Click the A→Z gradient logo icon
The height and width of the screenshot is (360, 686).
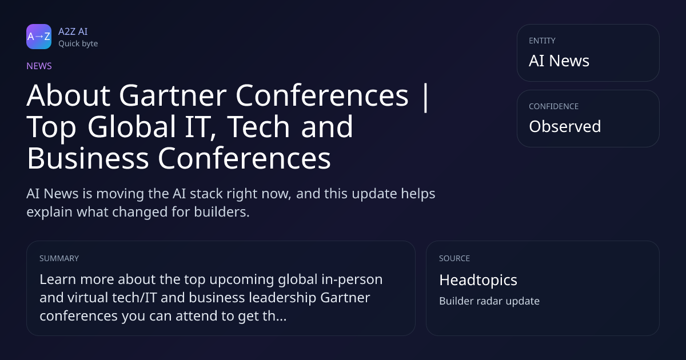click(x=39, y=37)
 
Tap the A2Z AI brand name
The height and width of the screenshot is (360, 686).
click(x=73, y=31)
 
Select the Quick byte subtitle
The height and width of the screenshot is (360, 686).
click(x=78, y=43)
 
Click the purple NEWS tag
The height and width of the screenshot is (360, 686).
click(x=39, y=66)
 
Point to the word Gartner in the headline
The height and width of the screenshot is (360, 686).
click(x=173, y=95)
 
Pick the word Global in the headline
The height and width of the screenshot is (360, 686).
click(x=131, y=126)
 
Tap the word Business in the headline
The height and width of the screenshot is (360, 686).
click(x=88, y=158)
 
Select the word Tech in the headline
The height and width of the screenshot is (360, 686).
click(x=259, y=126)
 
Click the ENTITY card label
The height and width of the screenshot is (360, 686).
click(x=542, y=41)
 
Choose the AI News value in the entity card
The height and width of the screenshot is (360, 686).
click(x=559, y=61)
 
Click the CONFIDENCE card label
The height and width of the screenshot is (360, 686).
click(x=554, y=106)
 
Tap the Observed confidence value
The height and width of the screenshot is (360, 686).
click(x=565, y=126)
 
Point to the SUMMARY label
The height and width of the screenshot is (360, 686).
click(x=59, y=258)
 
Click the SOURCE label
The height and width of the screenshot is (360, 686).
click(x=454, y=258)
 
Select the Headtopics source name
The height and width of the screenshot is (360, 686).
click(x=478, y=280)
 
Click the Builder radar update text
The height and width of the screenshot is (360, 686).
click(x=489, y=301)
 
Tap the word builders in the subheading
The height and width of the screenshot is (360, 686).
click(x=222, y=211)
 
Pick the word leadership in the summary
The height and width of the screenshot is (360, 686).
click(x=282, y=298)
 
